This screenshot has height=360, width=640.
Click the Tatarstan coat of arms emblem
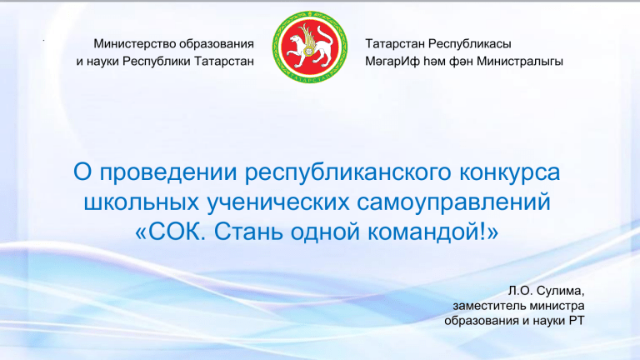[310, 47]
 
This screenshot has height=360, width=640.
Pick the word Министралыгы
[520, 62]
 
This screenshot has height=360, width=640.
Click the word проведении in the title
[168, 173]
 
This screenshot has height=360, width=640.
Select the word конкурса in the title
[509, 173]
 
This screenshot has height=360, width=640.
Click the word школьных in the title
[141, 202]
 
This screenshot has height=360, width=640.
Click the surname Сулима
[560, 291]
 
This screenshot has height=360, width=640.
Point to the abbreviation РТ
[577, 321]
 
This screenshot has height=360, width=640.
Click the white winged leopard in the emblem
[309, 45]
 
